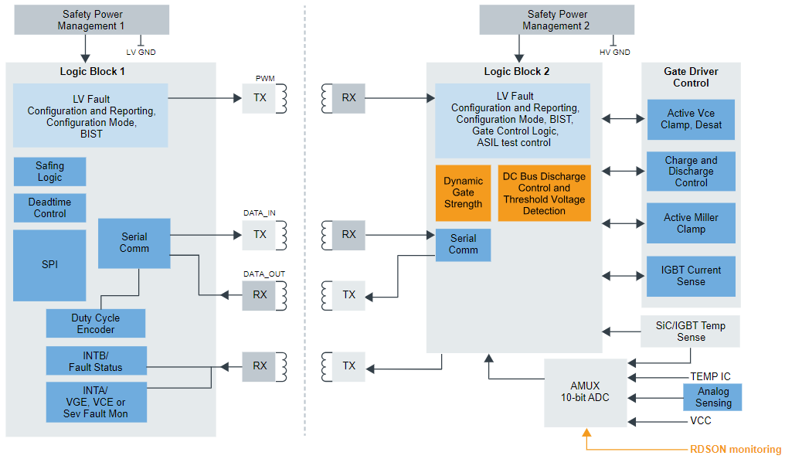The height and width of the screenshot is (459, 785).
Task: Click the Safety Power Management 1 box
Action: [x=90, y=20]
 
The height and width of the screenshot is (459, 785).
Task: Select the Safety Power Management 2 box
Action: [x=556, y=20]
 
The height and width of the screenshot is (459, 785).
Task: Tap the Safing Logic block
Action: [x=49, y=172]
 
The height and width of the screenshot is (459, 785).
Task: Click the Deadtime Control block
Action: [x=49, y=208]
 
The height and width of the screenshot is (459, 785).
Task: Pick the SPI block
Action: [x=49, y=265]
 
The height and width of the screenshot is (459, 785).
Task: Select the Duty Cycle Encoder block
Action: [x=96, y=324]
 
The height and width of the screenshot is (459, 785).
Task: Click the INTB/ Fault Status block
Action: [x=96, y=361]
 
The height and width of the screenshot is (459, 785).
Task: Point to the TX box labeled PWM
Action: [x=260, y=98]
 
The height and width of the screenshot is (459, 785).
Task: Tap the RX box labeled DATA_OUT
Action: [x=260, y=294]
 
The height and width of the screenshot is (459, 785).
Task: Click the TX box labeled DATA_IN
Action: [x=260, y=234]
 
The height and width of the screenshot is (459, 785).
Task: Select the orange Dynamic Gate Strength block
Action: [x=463, y=193]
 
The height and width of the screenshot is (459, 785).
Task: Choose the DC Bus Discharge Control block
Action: [x=544, y=193]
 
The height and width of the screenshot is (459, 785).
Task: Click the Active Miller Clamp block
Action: [x=691, y=223]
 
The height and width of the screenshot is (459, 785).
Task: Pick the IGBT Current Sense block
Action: [x=691, y=276]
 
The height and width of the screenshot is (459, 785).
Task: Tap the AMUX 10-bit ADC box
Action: [x=586, y=392]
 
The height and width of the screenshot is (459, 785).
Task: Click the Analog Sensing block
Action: [x=713, y=397]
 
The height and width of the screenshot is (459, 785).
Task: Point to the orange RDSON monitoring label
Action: [x=735, y=450]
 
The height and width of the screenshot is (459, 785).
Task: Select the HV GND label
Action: [x=615, y=53]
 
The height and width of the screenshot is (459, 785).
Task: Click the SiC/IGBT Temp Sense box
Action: [x=691, y=331]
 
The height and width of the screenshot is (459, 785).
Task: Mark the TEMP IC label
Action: [x=710, y=377]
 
